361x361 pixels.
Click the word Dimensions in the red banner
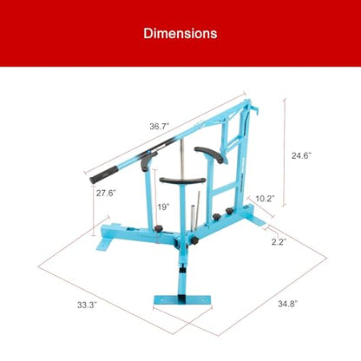point(180,34)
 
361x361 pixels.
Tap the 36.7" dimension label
point(159,126)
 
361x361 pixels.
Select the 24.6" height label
point(301,155)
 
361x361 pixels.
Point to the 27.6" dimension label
point(106,193)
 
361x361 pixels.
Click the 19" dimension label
point(163,207)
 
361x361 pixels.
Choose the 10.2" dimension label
point(265,199)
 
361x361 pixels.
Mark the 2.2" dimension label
point(279,241)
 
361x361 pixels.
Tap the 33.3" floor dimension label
point(87,305)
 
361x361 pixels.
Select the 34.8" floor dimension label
point(288,304)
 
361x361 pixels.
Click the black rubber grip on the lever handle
point(103,174)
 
